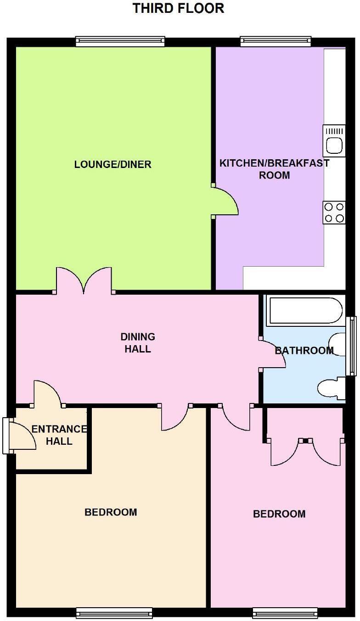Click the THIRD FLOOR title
tap(178, 8)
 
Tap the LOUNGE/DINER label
tap(112, 164)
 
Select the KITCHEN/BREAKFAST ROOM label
tap(274, 169)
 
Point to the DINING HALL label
tap(138, 343)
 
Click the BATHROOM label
tap(304, 351)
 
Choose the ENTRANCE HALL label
tap(59, 435)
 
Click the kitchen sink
tap(334, 141)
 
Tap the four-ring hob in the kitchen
tap(334, 213)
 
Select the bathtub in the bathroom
tap(304, 311)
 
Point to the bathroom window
tap(352, 346)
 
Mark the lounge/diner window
tap(120, 42)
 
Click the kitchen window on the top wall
tap(276, 42)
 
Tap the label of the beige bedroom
tap(111, 512)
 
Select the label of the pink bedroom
tap(279, 514)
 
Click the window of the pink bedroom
tap(285, 612)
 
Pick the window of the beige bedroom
tap(114, 612)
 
